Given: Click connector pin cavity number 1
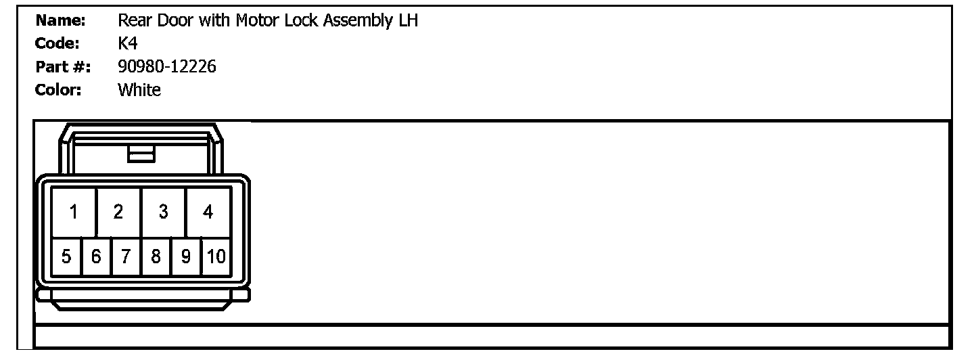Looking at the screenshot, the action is (x=74, y=212).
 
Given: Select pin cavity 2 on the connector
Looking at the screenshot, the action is (x=118, y=212).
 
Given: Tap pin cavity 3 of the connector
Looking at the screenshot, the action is (x=163, y=212).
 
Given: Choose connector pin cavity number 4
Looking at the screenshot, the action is (x=208, y=212).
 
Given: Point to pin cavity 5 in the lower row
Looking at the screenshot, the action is (x=66, y=257).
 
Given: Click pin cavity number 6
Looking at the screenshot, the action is (x=96, y=257).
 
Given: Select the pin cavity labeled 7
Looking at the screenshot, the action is (x=126, y=257).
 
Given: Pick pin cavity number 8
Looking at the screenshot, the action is (x=156, y=257).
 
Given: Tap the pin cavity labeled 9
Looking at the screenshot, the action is (x=186, y=257).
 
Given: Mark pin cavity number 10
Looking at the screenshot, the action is (x=216, y=257).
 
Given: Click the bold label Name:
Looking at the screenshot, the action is (x=60, y=21).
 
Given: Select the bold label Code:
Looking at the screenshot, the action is (x=57, y=44).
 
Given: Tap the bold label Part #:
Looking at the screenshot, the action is (x=62, y=67).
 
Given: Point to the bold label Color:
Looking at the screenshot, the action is (x=58, y=90).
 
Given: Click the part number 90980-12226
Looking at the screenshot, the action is (x=167, y=67).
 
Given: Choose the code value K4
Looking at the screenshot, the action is (x=127, y=44).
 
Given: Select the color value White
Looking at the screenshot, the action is (x=139, y=90).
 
